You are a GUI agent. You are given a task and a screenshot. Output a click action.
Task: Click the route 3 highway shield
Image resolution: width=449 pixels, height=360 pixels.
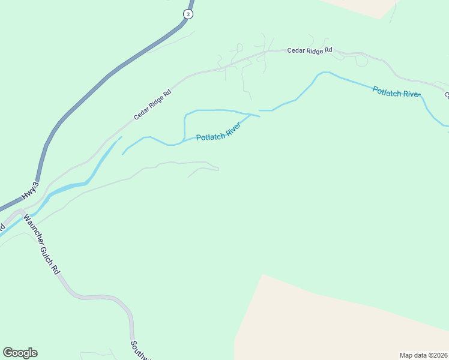tap(188, 14)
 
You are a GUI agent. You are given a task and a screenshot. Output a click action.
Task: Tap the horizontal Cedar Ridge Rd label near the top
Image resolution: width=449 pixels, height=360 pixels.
tap(309, 51)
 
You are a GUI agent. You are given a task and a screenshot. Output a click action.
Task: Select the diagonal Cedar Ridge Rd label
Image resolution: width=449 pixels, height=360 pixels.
tap(152, 104)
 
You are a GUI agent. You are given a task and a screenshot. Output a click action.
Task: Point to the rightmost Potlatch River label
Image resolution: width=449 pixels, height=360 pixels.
tap(394, 92)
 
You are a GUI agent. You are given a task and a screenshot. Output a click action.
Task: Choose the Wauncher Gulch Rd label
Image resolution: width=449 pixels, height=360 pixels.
tap(42, 247)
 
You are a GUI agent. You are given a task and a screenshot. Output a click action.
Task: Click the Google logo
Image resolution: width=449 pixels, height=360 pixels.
tap(20, 353)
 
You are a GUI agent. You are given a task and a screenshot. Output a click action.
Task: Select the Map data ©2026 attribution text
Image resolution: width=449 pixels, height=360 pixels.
tap(423, 355)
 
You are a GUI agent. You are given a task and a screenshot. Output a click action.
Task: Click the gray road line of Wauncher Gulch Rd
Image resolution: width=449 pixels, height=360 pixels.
tap(90, 297)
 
